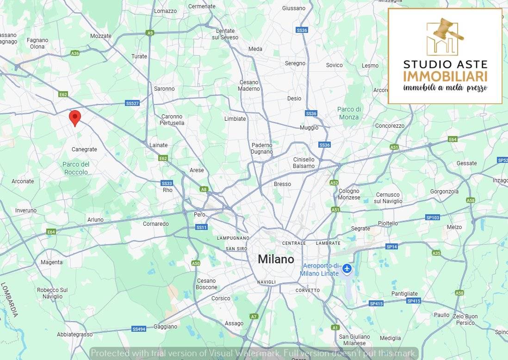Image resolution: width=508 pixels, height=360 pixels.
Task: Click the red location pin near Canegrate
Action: (x=74, y=118)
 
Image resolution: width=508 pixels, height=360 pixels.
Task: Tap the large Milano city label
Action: (x=276, y=259)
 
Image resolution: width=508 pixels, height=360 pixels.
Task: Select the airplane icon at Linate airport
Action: (x=347, y=268)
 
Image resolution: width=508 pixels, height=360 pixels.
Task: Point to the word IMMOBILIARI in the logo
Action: (x=445, y=76)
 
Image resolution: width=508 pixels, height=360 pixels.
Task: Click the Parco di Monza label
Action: (x=349, y=113)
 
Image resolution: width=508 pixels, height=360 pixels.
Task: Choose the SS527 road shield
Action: (x=132, y=103)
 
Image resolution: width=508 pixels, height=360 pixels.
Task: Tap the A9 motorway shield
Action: (x=149, y=33)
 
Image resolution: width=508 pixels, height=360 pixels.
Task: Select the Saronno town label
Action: (x=164, y=88)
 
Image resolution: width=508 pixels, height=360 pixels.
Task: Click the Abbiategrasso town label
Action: (x=74, y=334)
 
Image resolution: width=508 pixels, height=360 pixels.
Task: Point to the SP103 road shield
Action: (x=433, y=217)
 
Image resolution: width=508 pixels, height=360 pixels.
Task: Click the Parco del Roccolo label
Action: (x=76, y=168)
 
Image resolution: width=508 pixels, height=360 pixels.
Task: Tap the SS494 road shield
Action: (x=138, y=329)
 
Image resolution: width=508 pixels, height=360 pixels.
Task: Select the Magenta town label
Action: (x=51, y=262)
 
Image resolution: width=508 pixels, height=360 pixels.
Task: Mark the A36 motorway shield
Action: (x=75, y=53)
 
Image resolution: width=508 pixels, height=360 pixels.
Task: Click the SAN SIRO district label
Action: (x=236, y=248)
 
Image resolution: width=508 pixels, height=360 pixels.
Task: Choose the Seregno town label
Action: (x=295, y=63)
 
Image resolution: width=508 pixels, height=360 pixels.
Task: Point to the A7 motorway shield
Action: (x=254, y=317)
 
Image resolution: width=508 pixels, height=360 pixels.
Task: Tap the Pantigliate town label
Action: (x=404, y=293)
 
